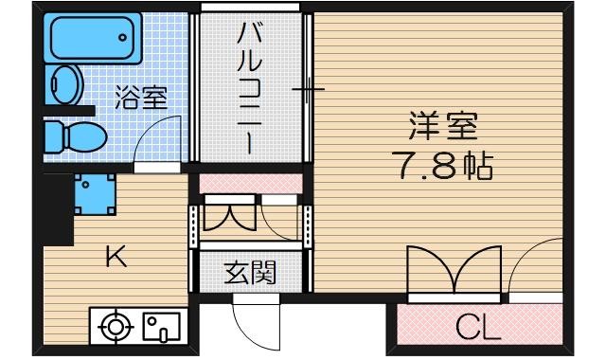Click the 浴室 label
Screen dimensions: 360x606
tap(142, 98)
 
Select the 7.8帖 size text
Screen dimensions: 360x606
tap(442, 168)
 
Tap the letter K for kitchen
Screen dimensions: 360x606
tap(116, 256)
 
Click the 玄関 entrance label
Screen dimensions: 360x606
tap(250, 274)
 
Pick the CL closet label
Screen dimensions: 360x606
tap(477, 328)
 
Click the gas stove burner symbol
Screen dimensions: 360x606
tap(116, 328)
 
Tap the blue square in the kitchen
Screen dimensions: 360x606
tap(95, 194)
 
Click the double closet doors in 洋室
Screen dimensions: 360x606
tap(454, 272)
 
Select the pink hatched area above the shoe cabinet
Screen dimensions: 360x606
tap(251, 182)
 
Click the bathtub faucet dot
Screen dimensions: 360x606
tap(122, 37)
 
